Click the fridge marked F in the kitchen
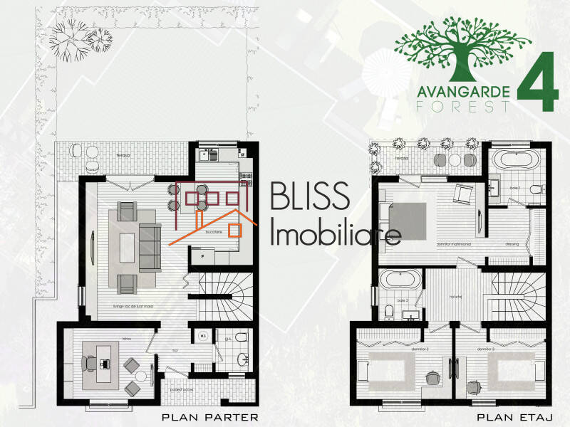(204, 254)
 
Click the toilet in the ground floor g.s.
(242, 337)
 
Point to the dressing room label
(512, 243)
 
